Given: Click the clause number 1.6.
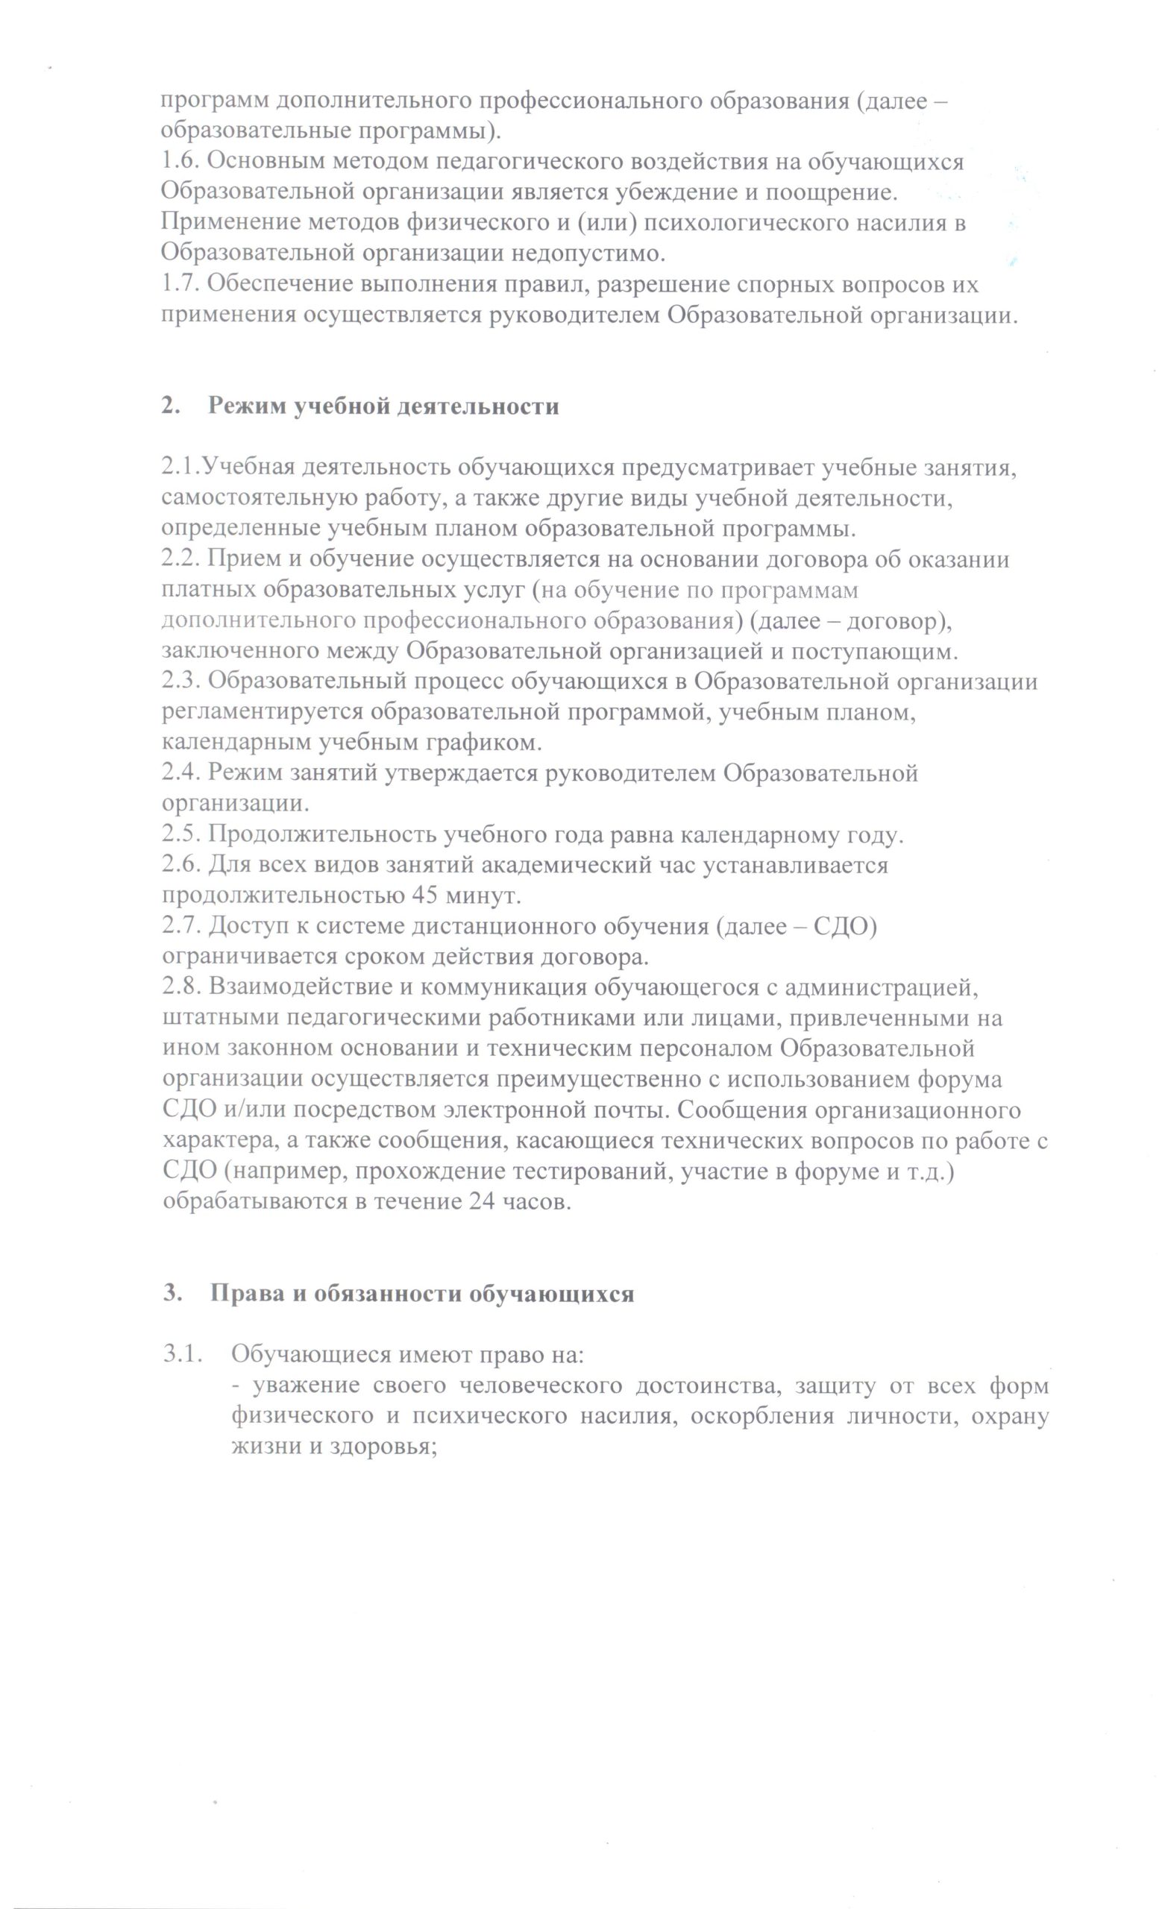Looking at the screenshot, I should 180,162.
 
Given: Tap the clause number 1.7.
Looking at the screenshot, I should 180,284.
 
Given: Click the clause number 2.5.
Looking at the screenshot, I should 180,835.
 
